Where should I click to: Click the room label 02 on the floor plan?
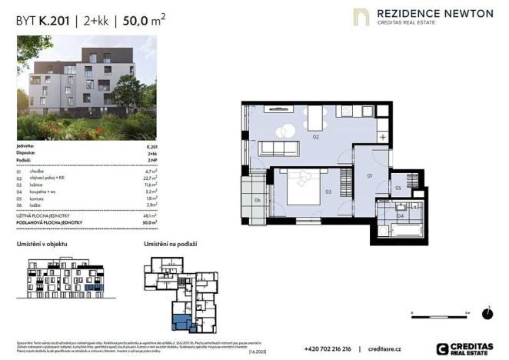coord(316,136)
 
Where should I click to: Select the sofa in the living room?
coord(279,148)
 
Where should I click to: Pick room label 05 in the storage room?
coord(398,188)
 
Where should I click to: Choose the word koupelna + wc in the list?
coord(41,191)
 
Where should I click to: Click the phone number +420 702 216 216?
coord(328,348)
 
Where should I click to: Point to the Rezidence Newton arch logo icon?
coord(361,16)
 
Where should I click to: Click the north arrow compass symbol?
coord(487,313)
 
